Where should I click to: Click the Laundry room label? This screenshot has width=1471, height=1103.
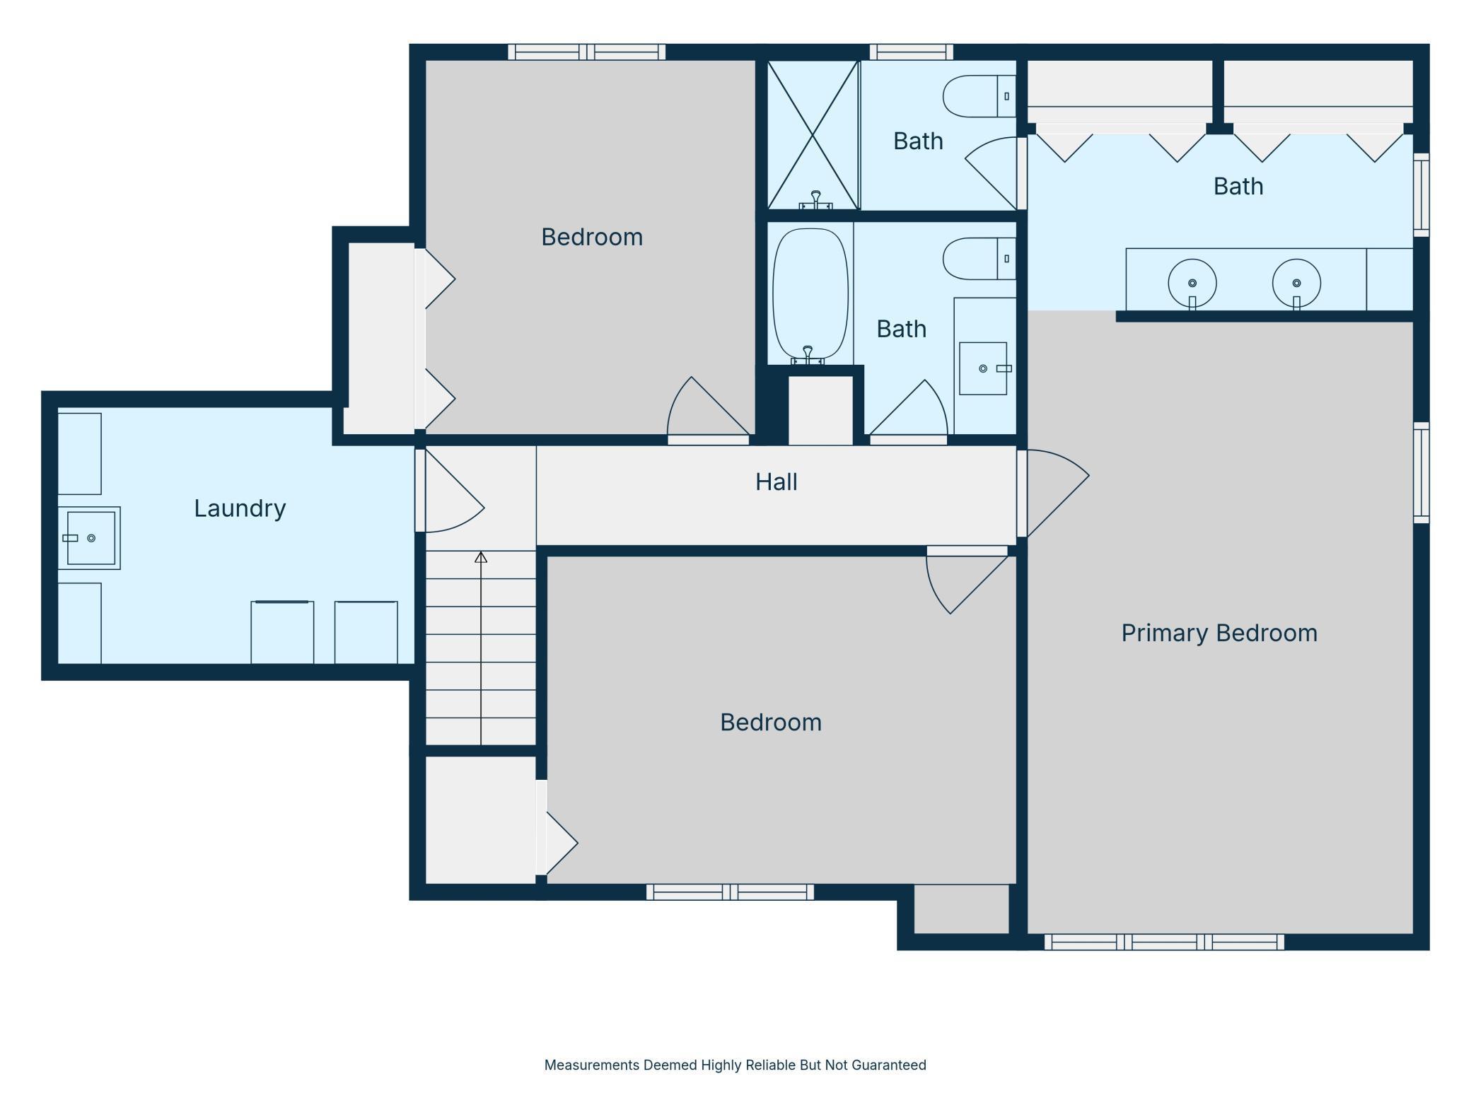[x=240, y=508]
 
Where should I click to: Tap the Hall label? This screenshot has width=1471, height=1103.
[x=776, y=482]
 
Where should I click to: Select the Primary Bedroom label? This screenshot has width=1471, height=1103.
[x=1219, y=633]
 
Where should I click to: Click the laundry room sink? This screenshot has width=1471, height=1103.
[x=91, y=538]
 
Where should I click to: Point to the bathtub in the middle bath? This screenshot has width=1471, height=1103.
[x=810, y=295]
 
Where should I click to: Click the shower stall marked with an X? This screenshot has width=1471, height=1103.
[x=813, y=135]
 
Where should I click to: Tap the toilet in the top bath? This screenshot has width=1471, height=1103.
[x=979, y=96]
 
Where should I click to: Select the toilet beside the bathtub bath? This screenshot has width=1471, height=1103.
[x=979, y=259]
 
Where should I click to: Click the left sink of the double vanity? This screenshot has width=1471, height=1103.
[x=1192, y=284]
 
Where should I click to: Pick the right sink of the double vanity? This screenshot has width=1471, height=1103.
[x=1296, y=284]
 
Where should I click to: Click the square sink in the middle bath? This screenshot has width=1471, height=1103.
[x=983, y=368]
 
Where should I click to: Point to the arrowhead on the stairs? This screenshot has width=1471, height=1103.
[x=481, y=557]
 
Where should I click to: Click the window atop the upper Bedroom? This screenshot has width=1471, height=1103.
[x=587, y=52]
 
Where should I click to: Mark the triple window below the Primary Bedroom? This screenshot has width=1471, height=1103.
[x=1164, y=942]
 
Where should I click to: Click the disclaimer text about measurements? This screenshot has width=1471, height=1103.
[x=735, y=1065]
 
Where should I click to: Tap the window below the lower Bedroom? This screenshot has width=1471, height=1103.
[x=730, y=892]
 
